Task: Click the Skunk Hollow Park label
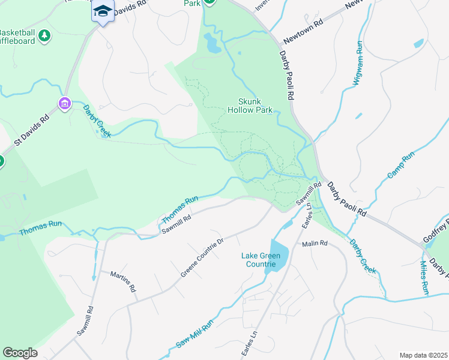(250, 106)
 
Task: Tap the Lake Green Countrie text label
(262, 260)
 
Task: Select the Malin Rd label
(315, 244)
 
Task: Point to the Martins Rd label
(122, 281)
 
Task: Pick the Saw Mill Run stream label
(194, 335)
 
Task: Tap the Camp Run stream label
(400, 166)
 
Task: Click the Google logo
(19, 353)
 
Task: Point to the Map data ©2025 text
(424, 355)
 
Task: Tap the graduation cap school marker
(103, 11)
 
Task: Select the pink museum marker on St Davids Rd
(64, 104)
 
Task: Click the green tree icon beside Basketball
(44, 37)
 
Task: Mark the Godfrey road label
(436, 231)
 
